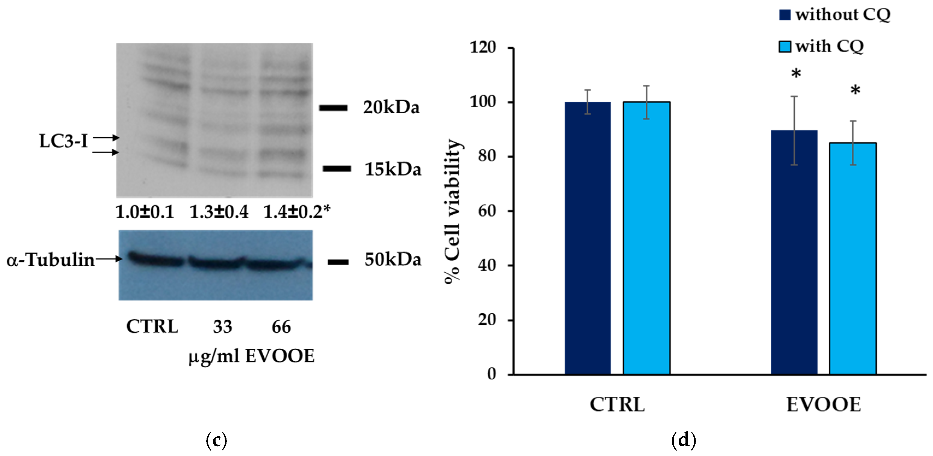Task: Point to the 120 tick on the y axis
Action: (483, 48)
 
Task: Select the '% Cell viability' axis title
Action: (453, 212)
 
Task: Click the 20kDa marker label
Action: (391, 108)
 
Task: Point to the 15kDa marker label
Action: (393, 169)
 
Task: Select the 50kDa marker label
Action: (393, 259)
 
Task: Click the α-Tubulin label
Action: (51, 260)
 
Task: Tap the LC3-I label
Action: (63, 141)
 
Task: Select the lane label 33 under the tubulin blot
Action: (222, 327)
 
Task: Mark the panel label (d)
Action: (684, 440)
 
